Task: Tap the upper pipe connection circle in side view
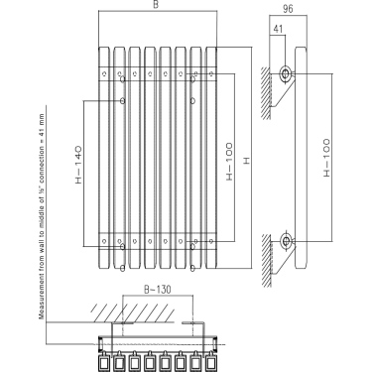pyautogui.click(x=287, y=74)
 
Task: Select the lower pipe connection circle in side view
pyautogui.click(x=287, y=240)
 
